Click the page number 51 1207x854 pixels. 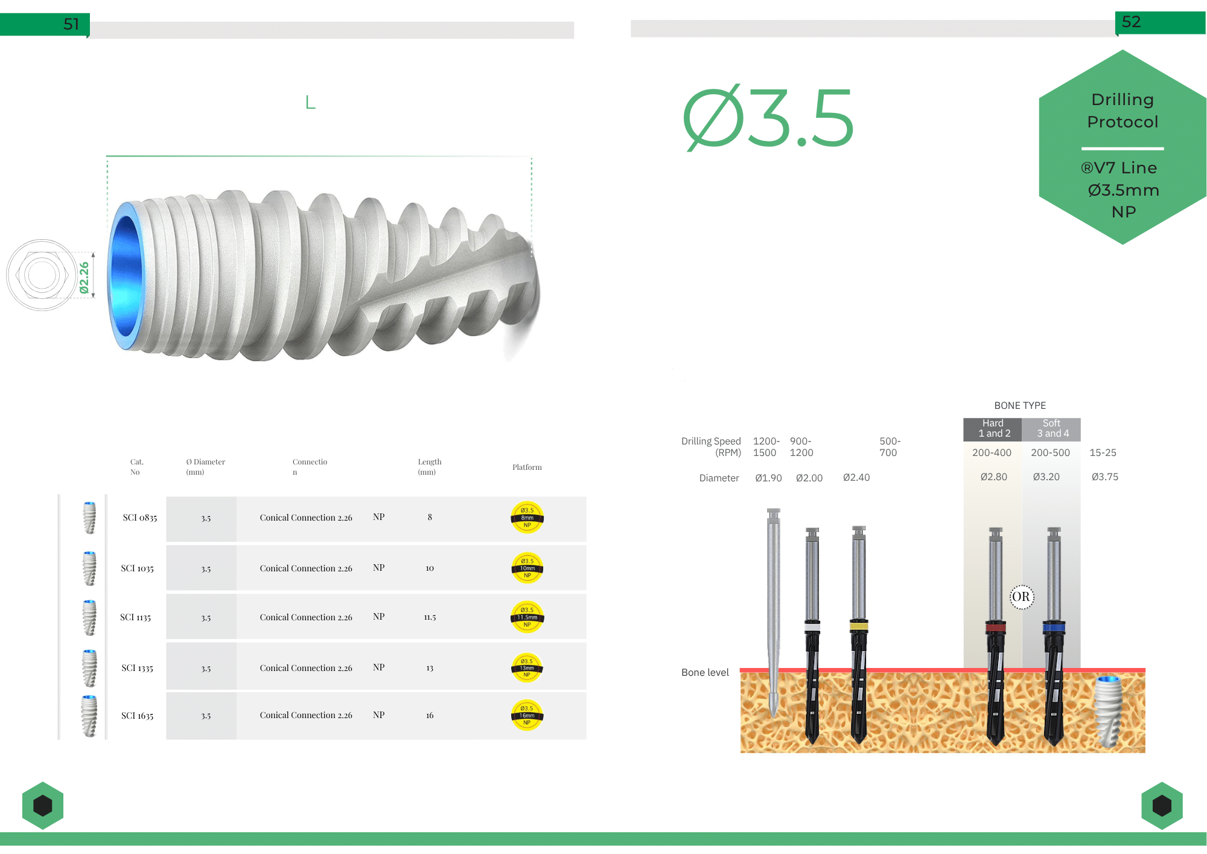tap(71, 24)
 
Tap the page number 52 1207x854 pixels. tap(1131, 22)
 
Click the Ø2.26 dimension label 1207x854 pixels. tap(84, 278)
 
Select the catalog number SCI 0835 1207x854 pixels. tap(140, 518)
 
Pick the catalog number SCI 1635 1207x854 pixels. tap(138, 716)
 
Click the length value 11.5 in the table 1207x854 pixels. tap(430, 617)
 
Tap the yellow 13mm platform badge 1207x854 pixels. tap(527, 668)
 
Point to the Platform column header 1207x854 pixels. tap(527, 467)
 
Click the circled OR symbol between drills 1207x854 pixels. tap(1021, 597)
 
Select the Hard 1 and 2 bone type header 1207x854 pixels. tap(993, 429)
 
